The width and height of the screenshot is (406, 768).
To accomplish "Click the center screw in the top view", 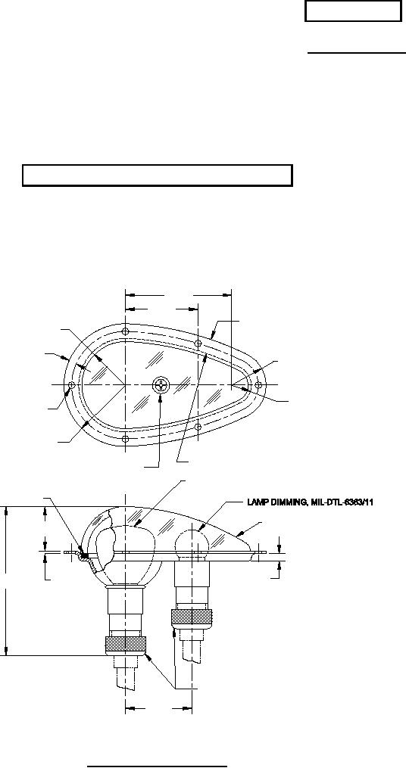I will tap(161, 384).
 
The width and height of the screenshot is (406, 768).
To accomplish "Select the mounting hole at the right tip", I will tap(259, 384).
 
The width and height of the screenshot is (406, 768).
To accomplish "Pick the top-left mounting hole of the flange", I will tap(124, 331).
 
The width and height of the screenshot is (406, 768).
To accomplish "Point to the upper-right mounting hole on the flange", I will tap(198, 343).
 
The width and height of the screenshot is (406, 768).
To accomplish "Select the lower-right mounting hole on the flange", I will tap(198, 427).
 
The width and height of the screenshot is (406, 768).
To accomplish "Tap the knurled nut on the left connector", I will tap(125, 645).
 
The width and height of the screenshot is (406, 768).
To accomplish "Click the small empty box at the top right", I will tap(352, 13).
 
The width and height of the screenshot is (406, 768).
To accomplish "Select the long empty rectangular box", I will tap(158, 175).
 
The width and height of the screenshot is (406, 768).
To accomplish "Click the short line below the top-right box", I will tap(355, 54).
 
